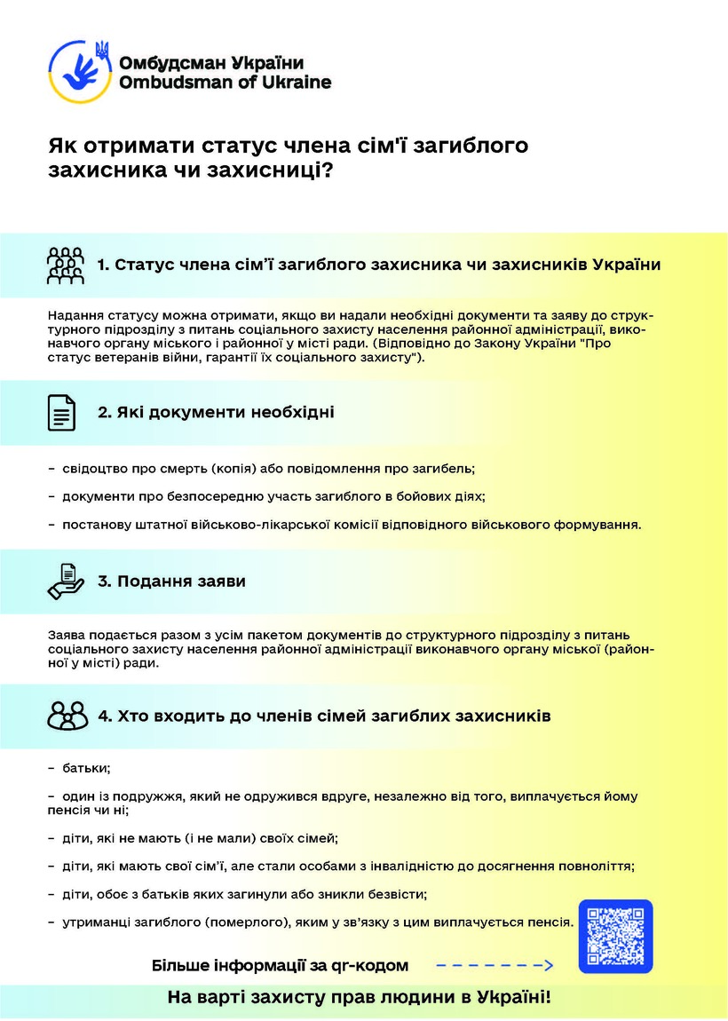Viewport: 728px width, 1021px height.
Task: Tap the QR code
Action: tap(615, 937)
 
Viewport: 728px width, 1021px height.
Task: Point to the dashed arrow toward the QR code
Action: tap(495, 965)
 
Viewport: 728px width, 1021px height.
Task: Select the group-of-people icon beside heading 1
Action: tap(65, 265)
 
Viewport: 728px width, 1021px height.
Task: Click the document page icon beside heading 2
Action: tap(61, 413)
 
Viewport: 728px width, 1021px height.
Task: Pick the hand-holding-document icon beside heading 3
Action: tap(65, 582)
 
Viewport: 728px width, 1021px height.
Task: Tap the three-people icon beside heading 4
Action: tap(67, 716)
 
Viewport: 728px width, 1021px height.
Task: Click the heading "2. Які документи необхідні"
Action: tap(216, 413)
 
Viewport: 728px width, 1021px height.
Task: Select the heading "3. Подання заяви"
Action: tap(171, 582)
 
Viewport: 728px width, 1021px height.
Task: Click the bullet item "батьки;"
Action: tap(85, 767)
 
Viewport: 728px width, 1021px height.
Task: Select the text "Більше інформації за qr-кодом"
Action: tap(281, 965)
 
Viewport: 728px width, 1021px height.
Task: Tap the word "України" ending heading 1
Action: tap(626, 265)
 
